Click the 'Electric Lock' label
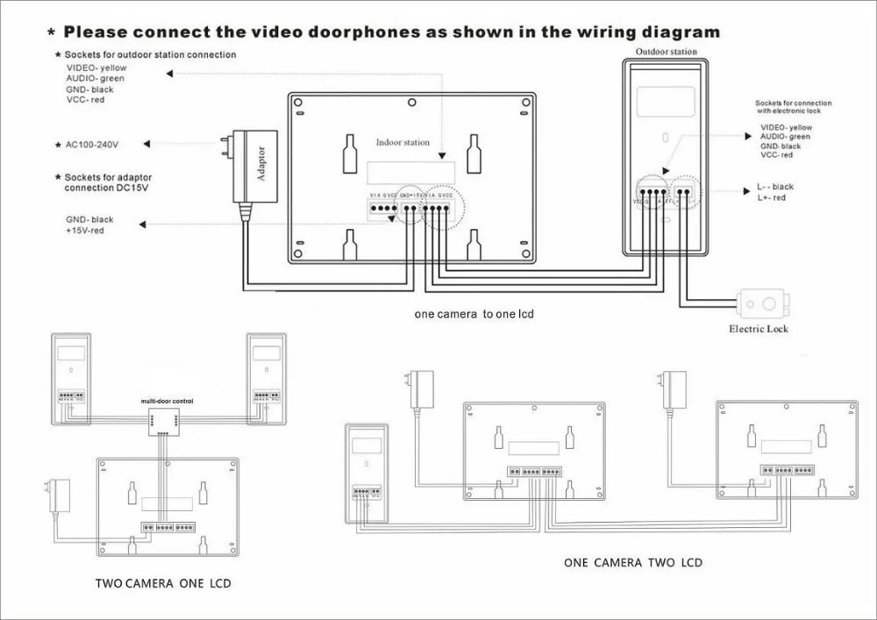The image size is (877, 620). (x=759, y=329)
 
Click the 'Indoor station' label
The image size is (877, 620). (x=403, y=142)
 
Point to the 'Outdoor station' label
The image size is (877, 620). (x=667, y=52)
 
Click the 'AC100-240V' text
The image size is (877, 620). (x=95, y=142)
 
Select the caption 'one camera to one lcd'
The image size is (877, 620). (x=474, y=313)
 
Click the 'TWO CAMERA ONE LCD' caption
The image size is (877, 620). (x=164, y=582)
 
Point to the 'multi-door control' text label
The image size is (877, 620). (x=168, y=401)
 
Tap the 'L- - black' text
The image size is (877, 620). (x=775, y=187)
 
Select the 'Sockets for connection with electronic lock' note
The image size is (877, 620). (x=793, y=107)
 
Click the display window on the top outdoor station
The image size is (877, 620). (x=665, y=102)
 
